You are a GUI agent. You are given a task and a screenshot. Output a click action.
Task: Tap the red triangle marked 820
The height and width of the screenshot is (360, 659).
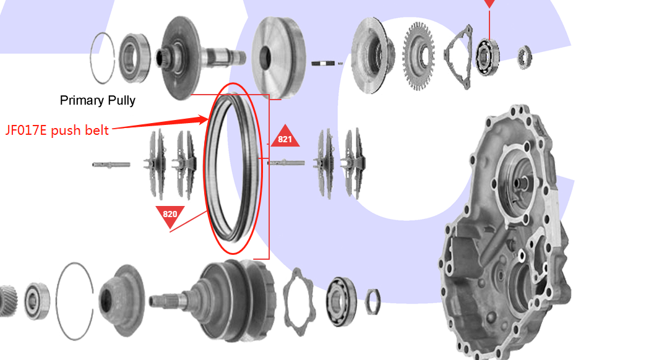pyautogui.click(x=170, y=215)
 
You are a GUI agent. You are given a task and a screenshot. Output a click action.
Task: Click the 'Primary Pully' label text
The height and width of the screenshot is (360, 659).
pyautogui.click(x=98, y=100)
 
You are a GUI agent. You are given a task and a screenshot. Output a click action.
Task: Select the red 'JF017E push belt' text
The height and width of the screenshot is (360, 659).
pyautogui.click(x=57, y=131)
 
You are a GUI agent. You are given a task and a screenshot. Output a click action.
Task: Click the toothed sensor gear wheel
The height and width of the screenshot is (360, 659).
pyautogui.click(x=418, y=56)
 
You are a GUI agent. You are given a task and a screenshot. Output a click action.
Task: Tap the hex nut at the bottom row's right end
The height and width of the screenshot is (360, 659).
pyautogui.click(x=373, y=302)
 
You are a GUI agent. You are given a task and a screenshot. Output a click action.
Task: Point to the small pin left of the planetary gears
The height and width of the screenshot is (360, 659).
pyautogui.click(x=111, y=165)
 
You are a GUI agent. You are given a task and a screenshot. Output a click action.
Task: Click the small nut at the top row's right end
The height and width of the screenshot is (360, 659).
pyautogui.click(x=525, y=57)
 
